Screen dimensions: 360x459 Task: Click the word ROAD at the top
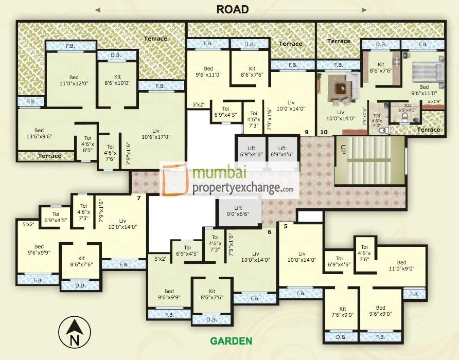[x=233, y=9]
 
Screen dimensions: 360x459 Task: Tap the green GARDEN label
[x=231, y=341]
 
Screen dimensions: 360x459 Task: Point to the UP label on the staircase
[x=342, y=150]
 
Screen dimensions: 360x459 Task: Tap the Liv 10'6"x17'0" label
[x=156, y=134]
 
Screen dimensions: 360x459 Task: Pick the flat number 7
[x=138, y=197]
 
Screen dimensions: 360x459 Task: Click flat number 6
[x=269, y=231]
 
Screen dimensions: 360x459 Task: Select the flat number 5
[x=285, y=225]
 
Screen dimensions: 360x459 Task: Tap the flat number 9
[x=306, y=132]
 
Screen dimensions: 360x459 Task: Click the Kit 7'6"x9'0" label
[x=342, y=312]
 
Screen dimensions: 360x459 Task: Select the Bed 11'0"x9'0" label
[x=401, y=265]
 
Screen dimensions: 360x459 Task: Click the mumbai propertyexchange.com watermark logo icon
[x=175, y=180]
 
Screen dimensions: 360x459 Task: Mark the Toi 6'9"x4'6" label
[x=339, y=261]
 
